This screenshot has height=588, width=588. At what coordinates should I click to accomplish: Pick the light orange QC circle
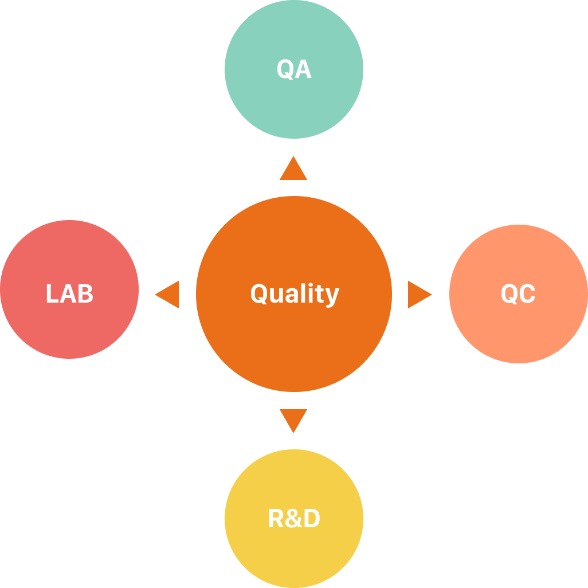coord(518,327)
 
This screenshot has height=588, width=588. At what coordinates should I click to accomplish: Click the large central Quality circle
coord(293,344)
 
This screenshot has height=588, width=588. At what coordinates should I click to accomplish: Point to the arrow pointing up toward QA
coord(293,170)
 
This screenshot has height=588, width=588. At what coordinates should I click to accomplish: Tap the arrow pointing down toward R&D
coord(293,419)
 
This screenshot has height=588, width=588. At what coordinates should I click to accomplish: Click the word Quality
coord(295,294)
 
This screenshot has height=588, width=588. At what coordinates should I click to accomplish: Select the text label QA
coord(294,69)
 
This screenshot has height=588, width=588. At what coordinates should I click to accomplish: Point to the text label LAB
coord(69,294)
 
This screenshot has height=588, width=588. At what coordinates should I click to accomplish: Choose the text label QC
coord(518,294)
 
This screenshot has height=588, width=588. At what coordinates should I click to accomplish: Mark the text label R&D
coord(294,519)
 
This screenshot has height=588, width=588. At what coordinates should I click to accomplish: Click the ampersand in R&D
coord(294,519)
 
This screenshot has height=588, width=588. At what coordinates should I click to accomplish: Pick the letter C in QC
coord(527,294)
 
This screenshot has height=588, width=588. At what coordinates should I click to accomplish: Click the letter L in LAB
coord(51,294)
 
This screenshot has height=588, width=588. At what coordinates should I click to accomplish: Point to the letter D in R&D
coord(311,519)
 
